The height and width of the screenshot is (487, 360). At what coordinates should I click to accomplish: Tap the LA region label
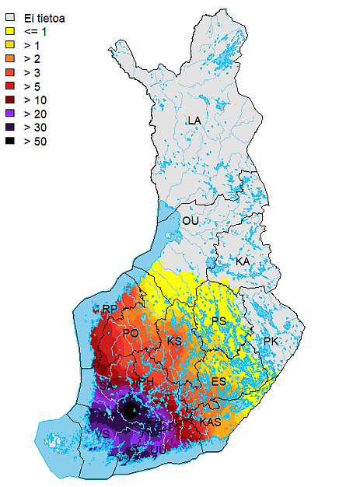coord(194,121)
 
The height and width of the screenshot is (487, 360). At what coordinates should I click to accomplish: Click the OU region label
coord(190,222)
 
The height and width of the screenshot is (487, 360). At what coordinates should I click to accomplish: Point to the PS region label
coord(219,321)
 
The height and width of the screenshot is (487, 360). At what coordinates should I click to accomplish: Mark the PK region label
coord(271,342)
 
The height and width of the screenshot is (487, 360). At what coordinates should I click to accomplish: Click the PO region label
coord(131,333)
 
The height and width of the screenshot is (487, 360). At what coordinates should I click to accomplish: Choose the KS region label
coord(175,342)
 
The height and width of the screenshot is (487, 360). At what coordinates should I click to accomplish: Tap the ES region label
coord(219,381)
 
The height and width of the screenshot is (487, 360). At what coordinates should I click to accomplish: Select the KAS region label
coord(211,422)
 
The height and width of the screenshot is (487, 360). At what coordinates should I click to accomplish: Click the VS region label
coord(101,433)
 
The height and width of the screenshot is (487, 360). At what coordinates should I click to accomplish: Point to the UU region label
coord(159,449)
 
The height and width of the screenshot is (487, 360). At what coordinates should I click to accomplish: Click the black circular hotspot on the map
coord(133,409)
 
